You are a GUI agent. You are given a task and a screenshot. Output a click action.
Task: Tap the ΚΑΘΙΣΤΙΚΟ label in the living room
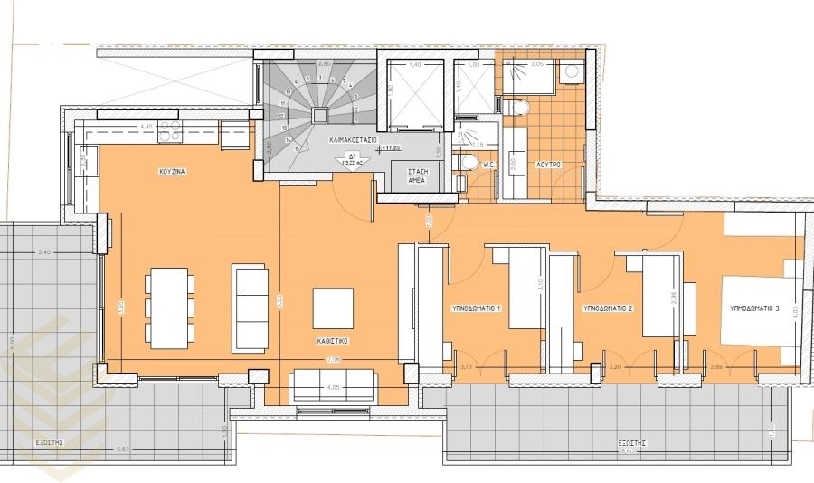point(333,342)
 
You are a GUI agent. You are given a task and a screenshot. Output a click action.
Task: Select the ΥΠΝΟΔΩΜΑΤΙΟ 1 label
point(476,308)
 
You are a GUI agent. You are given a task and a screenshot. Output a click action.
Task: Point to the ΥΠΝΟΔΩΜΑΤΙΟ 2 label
point(607,308)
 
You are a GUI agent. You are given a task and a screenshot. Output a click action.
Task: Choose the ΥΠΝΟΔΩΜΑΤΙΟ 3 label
point(754,308)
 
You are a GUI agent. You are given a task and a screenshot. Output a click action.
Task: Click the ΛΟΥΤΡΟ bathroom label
point(549,165)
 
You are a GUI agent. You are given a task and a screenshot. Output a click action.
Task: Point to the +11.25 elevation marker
point(391,147)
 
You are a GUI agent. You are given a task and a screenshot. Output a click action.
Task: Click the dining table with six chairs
point(170,308)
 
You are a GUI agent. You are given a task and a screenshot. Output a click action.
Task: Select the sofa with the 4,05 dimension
point(332,385)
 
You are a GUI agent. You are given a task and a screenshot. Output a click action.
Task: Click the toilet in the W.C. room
point(468,164)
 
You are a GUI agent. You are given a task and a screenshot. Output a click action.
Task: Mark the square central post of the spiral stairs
point(320,115)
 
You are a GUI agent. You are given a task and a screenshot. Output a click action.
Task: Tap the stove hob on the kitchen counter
point(170,134)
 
